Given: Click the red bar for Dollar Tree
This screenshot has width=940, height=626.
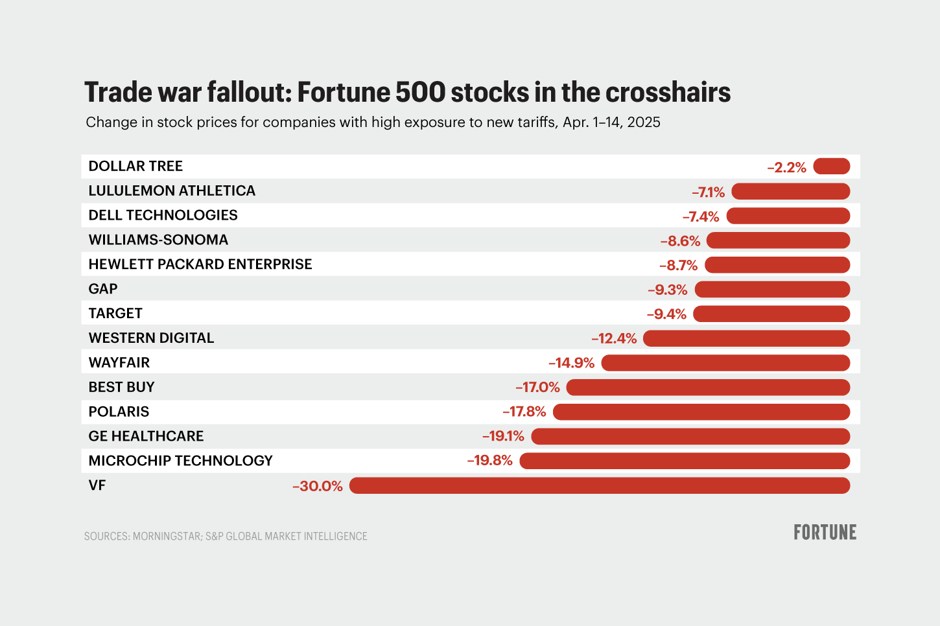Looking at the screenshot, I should tap(831, 167).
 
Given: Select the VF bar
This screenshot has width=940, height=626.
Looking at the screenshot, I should tap(599, 485).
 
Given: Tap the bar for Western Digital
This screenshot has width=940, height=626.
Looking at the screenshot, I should tap(746, 338).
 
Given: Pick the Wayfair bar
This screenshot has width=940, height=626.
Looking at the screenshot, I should tap(725, 363).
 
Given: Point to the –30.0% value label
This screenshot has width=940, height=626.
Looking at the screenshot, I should tap(317, 486).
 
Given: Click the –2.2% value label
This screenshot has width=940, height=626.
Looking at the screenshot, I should tap(786, 168).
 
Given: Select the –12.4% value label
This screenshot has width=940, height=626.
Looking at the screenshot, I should tap(614, 339).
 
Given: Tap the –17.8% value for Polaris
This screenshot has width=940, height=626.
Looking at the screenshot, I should tap(524, 412).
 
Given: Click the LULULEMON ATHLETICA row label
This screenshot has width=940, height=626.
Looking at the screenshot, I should tap(172, 191).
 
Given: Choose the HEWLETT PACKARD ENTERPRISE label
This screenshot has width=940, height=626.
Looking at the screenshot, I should tap(200, 264).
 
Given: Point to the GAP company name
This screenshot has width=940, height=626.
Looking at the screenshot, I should tap(103, 289).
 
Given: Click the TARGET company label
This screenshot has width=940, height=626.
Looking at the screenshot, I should tap(115, 314).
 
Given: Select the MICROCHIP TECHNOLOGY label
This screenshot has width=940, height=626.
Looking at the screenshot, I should tap(180, 461).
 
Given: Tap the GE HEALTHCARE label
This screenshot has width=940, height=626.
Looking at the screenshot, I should tap(146, 436).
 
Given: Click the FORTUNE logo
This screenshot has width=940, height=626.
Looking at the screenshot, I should tap(825, 533).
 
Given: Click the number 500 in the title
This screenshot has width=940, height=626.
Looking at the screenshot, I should tap(420, 93).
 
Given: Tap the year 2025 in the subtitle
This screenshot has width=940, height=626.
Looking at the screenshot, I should tap(643, 122).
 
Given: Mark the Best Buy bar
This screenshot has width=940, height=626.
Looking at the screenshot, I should tap(708, 388).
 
